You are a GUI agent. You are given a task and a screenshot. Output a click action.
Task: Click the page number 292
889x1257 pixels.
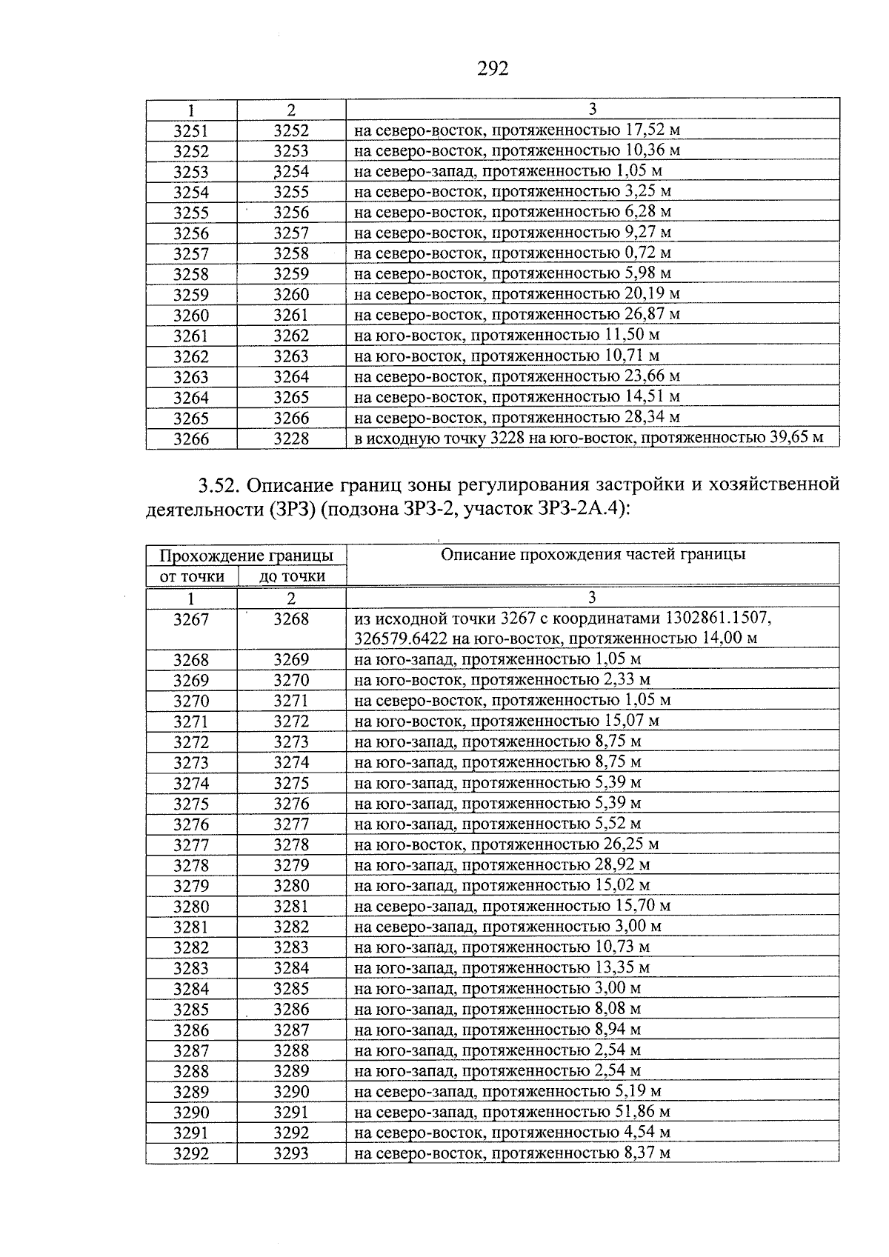pos(493,69)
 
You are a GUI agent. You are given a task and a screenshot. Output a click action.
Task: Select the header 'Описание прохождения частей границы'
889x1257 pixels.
pos(593,554)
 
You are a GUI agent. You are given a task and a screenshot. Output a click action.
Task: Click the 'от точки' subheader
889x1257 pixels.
pos(192,576)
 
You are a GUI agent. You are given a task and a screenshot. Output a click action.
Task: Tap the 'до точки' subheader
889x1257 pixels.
pos(292,576)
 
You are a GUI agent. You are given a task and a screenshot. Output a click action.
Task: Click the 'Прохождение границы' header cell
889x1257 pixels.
pos(246,556)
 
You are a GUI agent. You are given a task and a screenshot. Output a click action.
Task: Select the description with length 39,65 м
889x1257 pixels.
pos(589,438)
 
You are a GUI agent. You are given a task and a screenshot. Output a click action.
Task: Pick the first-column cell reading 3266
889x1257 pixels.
pos(191,439)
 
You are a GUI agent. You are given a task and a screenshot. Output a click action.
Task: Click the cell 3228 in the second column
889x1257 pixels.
pos(291,439)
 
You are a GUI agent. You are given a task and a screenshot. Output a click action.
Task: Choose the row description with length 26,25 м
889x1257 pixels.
pos(507,844)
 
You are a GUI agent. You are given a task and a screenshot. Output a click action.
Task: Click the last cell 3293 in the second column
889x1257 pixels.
pos(291,1153)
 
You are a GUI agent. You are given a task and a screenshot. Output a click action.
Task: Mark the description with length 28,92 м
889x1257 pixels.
pos(502,865)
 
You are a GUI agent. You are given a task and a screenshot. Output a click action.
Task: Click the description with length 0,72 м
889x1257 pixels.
pos(513,253)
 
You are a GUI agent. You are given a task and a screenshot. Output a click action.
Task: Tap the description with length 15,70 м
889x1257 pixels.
pos(513,906)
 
